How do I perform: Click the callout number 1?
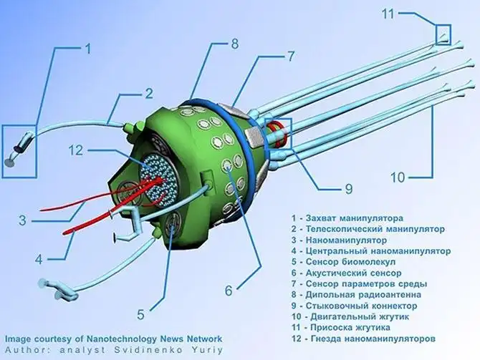[88, 49]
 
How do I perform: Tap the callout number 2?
[149, 93]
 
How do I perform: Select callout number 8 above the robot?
[234, 44]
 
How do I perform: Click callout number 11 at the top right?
[407, 13]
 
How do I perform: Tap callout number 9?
[348, 189]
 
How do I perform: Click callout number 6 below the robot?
[228, 291]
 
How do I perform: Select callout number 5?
[141, 313]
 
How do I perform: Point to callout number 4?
[39, 258]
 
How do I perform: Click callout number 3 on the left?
[22, 220]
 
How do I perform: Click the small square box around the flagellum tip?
[443, 34]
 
